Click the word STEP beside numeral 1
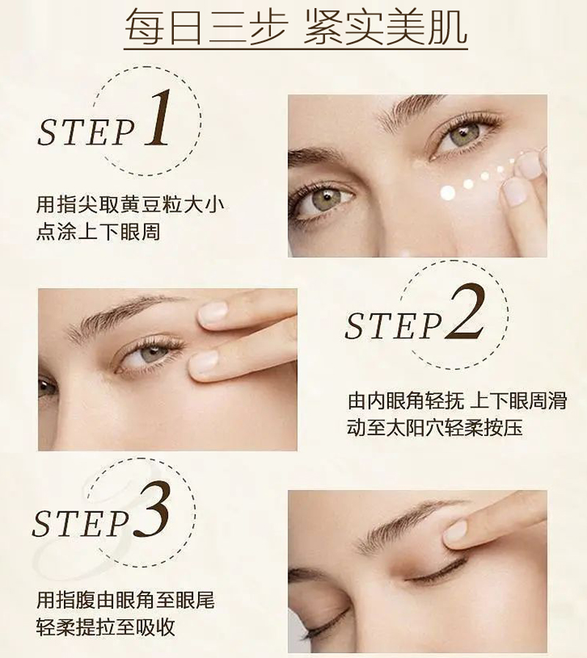point(87,132)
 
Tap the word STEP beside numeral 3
point(81,524)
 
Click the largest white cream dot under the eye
point(448,193)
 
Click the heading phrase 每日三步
point(206,27)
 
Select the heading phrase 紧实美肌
point(384,27)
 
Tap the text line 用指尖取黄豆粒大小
point(131,205)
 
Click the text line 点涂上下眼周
point(98,232)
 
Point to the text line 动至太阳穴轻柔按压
point(435,428)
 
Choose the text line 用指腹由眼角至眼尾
point(125,600)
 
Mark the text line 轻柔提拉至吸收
point(106,627)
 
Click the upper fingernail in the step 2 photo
point(213,314)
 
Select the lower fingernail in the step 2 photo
point(204,361)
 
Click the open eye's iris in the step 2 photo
point(152,355)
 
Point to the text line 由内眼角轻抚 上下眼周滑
point(457,401)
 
